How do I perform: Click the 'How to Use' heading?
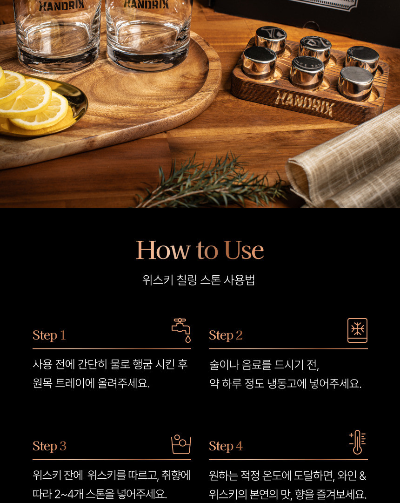pos(200,250)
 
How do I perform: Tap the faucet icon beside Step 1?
pos(181,330)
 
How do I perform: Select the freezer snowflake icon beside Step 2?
pos(357,330)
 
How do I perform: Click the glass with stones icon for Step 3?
pos(181,444)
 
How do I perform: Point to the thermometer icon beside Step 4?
pos(357,442)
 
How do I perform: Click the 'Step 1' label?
pos(49,335)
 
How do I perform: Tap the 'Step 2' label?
pos(226,335)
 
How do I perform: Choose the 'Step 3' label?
pos(49,446)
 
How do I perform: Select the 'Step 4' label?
pos(226,446)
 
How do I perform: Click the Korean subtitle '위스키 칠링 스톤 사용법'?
pos(199,280)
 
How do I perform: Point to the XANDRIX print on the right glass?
pos(147,4)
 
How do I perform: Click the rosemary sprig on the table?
pos(211,182)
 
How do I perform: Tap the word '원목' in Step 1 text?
pos(42,383)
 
